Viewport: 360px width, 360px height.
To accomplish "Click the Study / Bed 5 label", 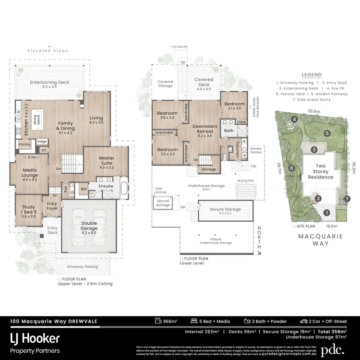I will [28, 210].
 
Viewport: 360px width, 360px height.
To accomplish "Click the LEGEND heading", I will [311, 75].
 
